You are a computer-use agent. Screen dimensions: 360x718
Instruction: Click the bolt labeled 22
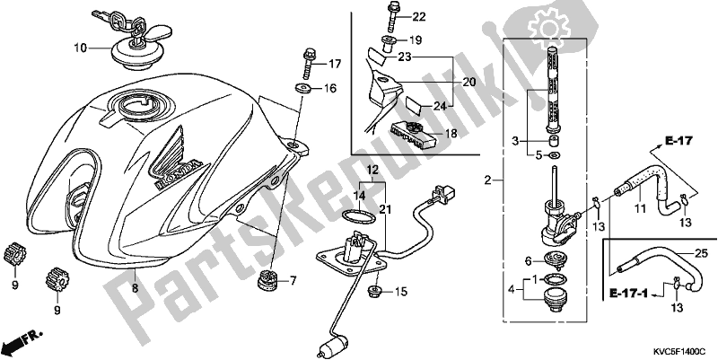(394, 16)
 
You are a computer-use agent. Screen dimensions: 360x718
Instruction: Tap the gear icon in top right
(518, 18)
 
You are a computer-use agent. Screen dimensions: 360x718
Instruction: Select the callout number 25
(700, 252)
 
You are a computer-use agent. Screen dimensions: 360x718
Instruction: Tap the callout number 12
(372, 169)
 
